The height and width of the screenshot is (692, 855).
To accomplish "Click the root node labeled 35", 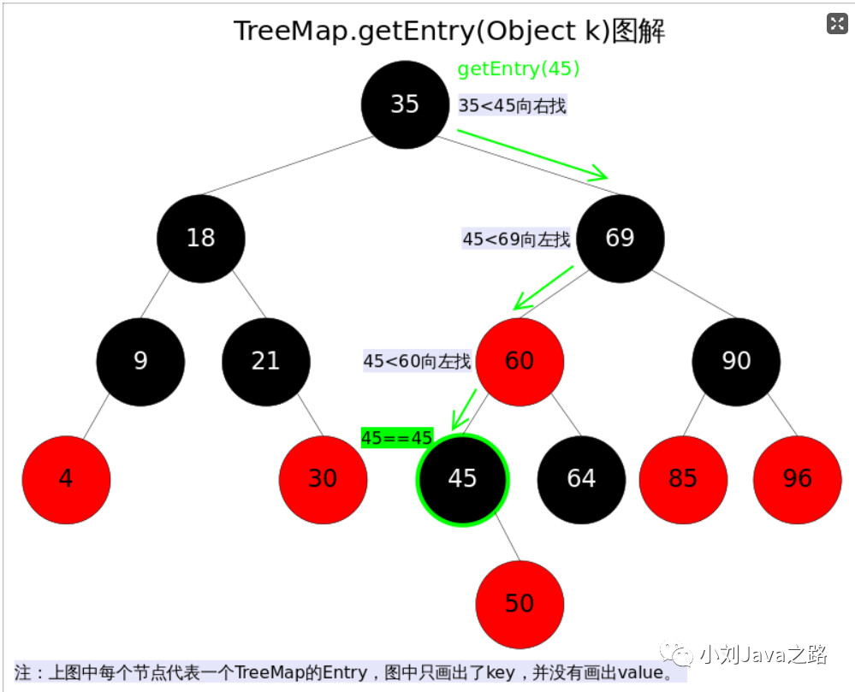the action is pos(405,104).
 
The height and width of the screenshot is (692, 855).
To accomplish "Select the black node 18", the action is pos(200,238).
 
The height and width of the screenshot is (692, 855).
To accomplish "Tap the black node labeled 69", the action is pos(620,238).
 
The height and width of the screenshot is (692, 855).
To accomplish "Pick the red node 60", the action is pos(520,362).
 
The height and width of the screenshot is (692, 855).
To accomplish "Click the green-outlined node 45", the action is pos(462,480).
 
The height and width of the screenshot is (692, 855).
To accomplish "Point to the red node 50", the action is pos(520,604).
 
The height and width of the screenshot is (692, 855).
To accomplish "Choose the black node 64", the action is pos(581,480).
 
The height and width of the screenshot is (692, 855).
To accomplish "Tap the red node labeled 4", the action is pos(66,480).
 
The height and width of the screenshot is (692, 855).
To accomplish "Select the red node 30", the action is pos(323,480).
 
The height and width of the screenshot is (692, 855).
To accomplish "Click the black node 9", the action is pos(140,362).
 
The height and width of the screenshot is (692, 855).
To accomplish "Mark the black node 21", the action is pos(266,362).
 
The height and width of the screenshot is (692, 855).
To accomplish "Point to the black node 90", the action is pos(736,362).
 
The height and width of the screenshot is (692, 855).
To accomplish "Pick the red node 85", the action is pos(683,480).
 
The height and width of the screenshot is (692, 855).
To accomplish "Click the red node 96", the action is pos(797,480).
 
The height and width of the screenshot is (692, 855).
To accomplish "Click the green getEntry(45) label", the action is pos(519,68).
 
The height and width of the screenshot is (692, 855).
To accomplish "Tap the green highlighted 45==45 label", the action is pos(397,438).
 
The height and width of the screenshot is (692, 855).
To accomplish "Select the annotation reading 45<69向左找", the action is pos(516,239).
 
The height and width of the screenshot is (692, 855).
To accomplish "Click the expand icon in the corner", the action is pos(837,23).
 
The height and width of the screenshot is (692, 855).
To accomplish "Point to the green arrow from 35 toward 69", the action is pos(532,154).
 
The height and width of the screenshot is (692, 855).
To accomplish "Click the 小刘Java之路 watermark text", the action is pos(763,654).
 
